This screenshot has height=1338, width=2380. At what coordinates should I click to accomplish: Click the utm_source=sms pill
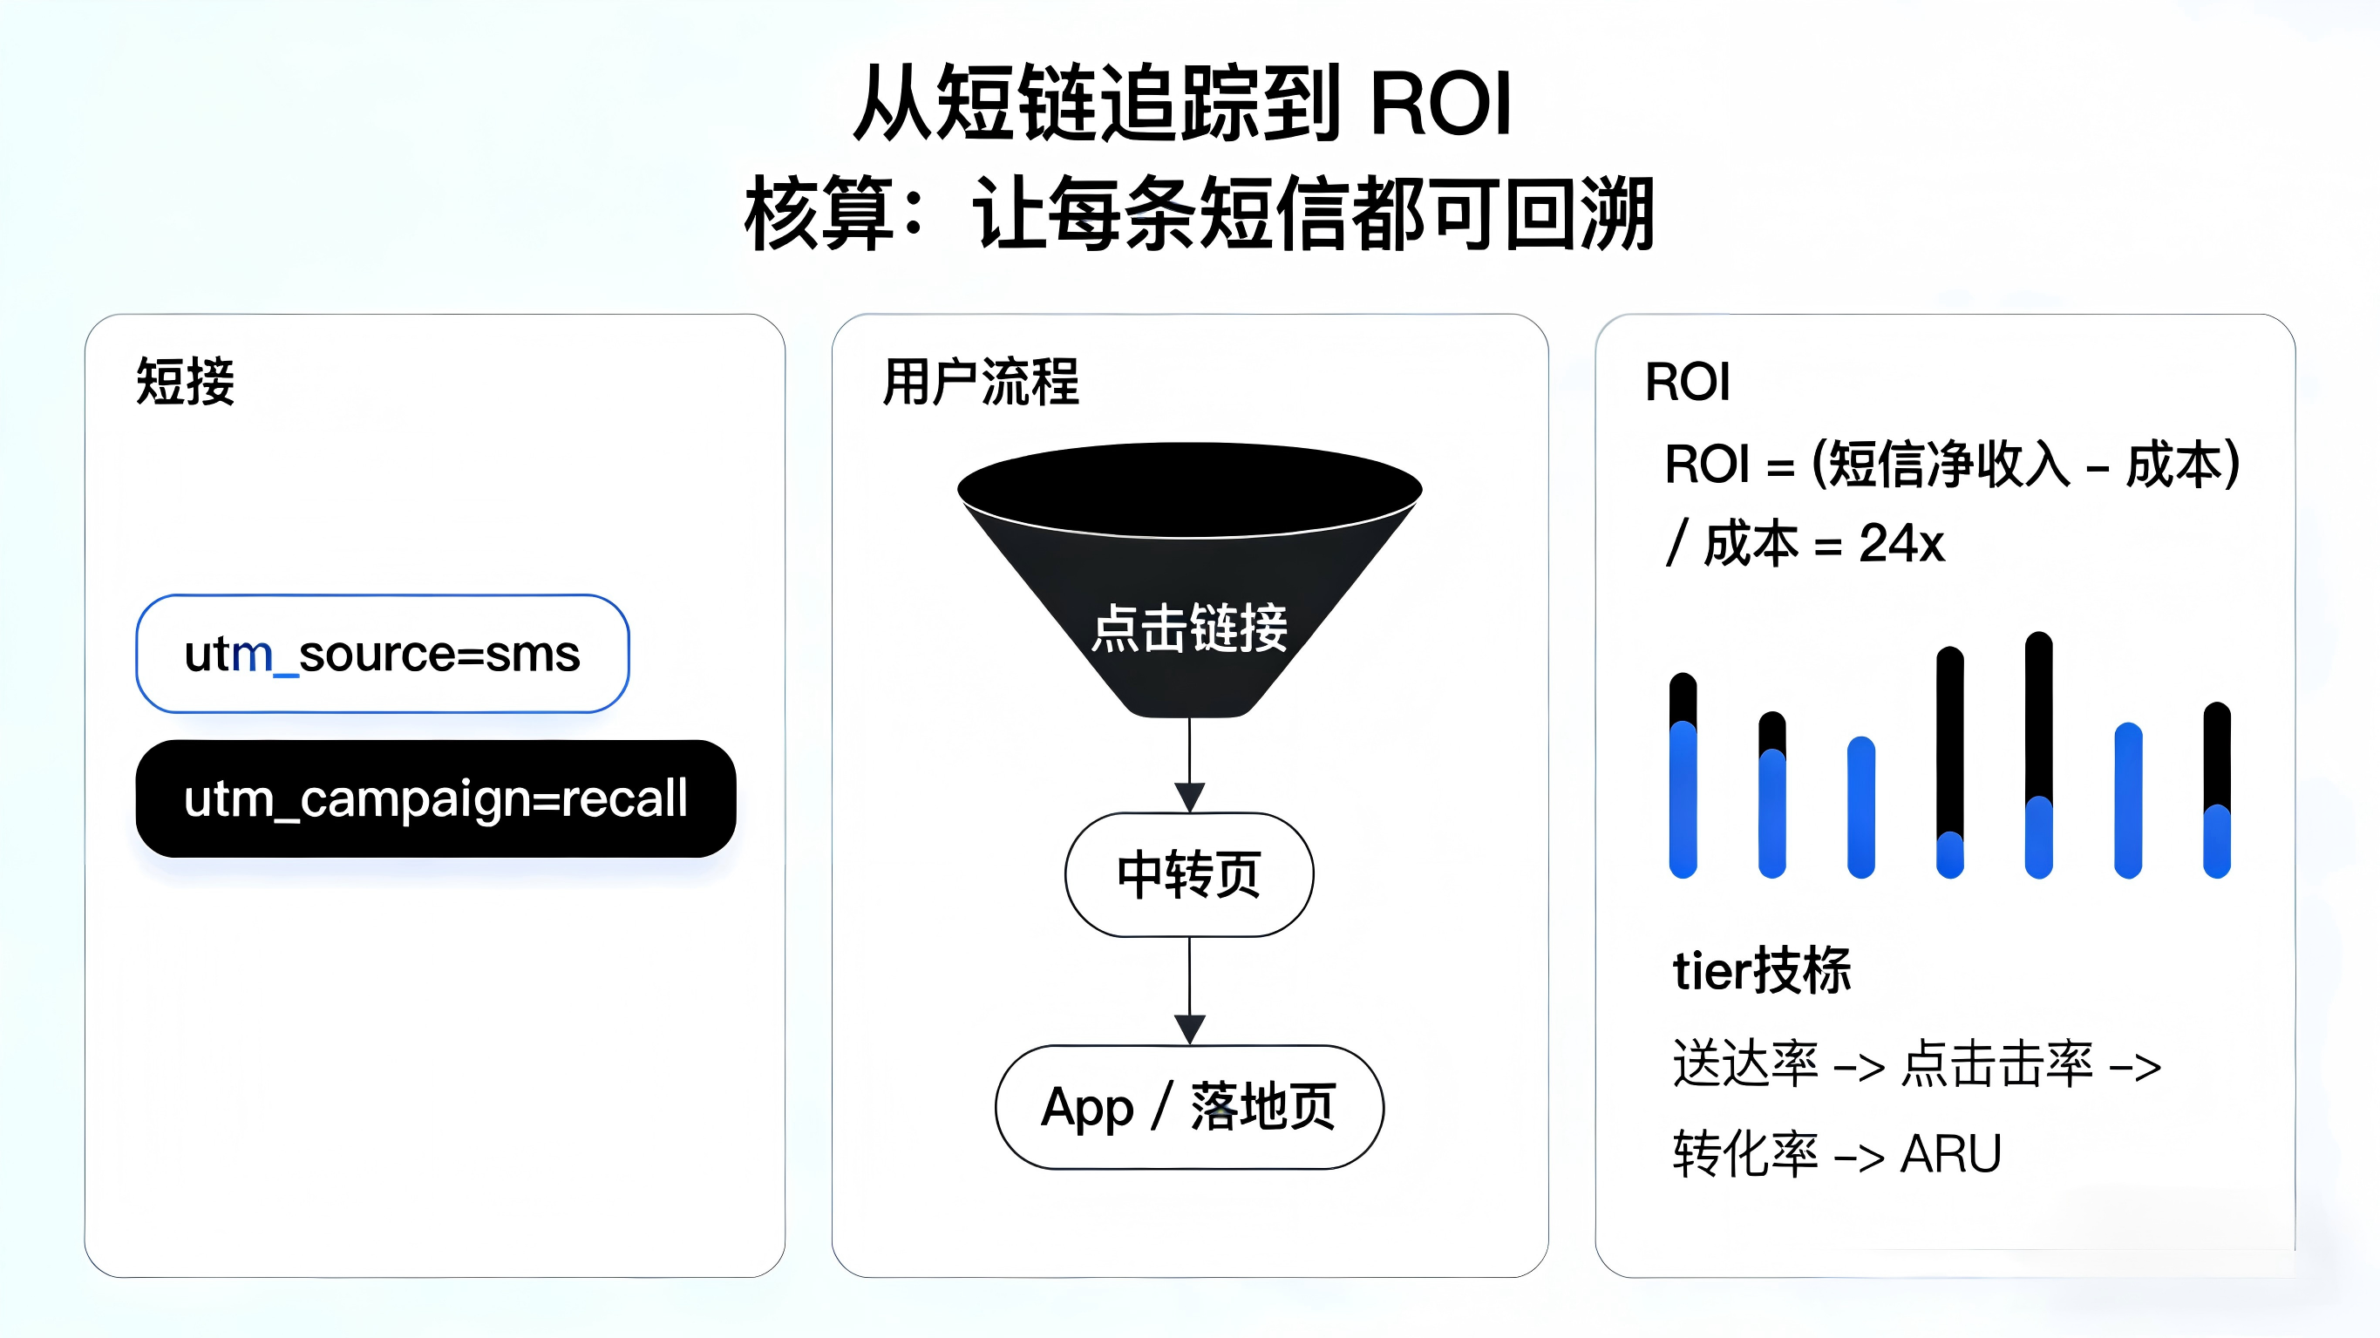pos(383,653)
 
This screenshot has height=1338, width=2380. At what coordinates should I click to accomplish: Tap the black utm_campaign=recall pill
pos(435,798)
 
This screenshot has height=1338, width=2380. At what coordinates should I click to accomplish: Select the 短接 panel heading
pos(186,381)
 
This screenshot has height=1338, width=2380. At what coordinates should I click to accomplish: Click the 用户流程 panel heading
pos(980,381)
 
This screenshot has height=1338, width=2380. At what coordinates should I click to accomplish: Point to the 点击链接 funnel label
pos(1189,628)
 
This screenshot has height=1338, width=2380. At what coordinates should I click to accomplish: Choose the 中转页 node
pos(1189,874)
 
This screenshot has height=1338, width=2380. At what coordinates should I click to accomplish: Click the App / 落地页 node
pos(1189,1107)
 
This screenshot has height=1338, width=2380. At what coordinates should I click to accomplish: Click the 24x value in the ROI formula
pos(1901,543)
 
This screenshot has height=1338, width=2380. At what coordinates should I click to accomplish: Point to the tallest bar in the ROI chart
pos(2038,754)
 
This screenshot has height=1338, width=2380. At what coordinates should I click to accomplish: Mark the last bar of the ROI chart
pos(2216,789)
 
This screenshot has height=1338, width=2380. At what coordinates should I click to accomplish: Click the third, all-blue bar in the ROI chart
pos(1860,805)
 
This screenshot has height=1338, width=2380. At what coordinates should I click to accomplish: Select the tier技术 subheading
pos(1762,970)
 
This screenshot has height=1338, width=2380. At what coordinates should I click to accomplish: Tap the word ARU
pos(1950,1154)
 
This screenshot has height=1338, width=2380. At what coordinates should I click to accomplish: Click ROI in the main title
pos(1440,104)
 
